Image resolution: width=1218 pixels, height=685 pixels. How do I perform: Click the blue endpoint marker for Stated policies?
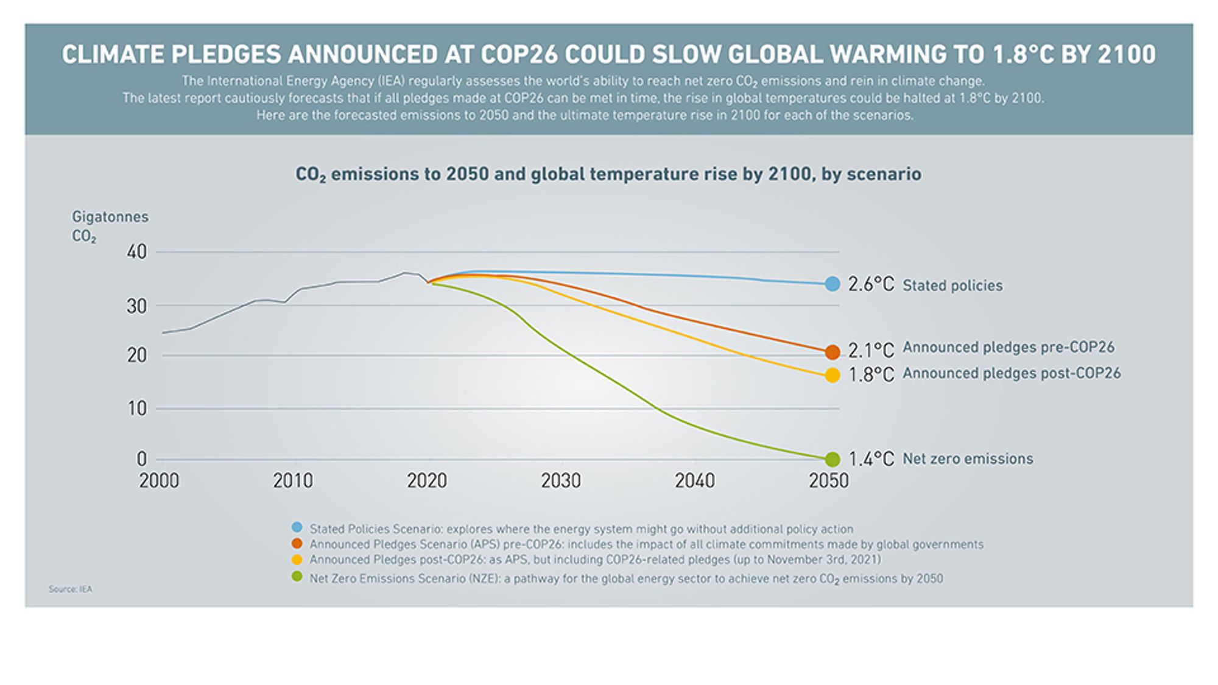coord(832,284)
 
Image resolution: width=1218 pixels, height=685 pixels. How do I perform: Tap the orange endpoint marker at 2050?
coord(832,352)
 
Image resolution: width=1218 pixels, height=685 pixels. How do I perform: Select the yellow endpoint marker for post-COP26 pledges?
coord(832,376)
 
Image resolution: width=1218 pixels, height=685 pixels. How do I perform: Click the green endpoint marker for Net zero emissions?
coord(832,459)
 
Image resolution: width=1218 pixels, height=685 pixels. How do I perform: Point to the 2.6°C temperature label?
coord(871,284)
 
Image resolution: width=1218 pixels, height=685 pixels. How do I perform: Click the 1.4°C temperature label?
coord(871,459)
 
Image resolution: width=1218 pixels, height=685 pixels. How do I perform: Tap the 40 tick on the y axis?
coord(137,252)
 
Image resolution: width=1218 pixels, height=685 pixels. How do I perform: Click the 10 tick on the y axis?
coord(137,409)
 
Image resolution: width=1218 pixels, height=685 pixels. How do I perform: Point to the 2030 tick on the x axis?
coord(560,481)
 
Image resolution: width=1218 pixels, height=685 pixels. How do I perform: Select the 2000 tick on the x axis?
coord(159,481)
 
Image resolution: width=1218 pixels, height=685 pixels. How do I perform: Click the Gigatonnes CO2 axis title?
coord(110,226)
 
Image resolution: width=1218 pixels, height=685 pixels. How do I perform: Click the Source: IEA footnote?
coord(71,589)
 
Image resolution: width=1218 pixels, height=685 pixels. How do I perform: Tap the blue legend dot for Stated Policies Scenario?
coord(297,527)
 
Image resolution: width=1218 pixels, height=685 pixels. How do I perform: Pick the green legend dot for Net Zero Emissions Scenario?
coord(297,577)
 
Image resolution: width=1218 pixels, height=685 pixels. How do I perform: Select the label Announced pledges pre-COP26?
coord(1008,347)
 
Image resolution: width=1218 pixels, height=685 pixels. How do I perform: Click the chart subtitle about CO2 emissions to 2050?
coord(608,175)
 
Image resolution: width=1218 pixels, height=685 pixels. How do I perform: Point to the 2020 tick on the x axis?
coord(426,481)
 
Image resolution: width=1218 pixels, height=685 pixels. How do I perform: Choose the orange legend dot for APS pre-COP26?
coord(297,543)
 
